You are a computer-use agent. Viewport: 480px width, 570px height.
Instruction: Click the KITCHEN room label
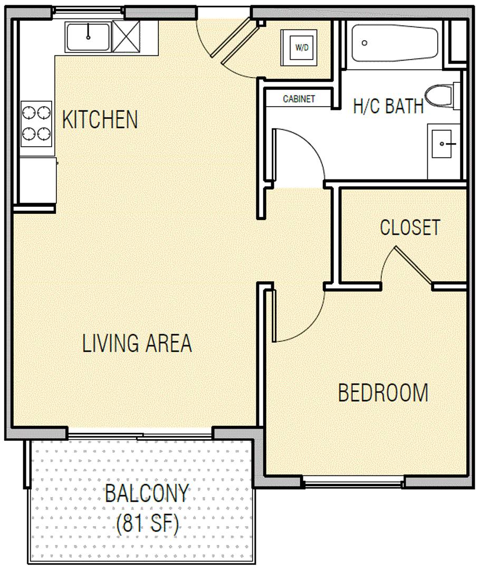coord(100,119)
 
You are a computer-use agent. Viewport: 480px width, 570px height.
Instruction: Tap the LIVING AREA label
coord(137,343)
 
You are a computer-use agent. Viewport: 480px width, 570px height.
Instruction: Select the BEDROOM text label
coord(383,393)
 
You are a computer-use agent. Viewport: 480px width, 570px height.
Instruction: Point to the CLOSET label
coord(410,227)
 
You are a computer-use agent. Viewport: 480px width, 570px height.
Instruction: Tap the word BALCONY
coord(147,493)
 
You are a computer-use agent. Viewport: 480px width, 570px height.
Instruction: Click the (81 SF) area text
coord(148,524)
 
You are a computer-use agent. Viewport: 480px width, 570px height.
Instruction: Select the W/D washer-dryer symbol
coord(299,47)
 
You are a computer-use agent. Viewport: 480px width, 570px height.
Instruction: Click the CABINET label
coord(299,99)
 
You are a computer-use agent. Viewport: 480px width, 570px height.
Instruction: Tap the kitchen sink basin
coord(88,37)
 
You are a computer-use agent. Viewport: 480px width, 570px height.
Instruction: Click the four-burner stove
coord(36,123)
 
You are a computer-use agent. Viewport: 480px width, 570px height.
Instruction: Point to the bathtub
coord(395,43)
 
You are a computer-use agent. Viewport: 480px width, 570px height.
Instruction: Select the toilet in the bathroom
coord(442,96)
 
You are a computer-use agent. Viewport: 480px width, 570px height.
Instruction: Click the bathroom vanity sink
coord(442,144)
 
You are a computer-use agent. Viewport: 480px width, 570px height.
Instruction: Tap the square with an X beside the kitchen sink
coord(126,36)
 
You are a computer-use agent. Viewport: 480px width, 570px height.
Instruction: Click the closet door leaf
coord(414,264)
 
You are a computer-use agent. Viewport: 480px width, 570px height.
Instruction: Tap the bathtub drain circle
coord(364,43)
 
